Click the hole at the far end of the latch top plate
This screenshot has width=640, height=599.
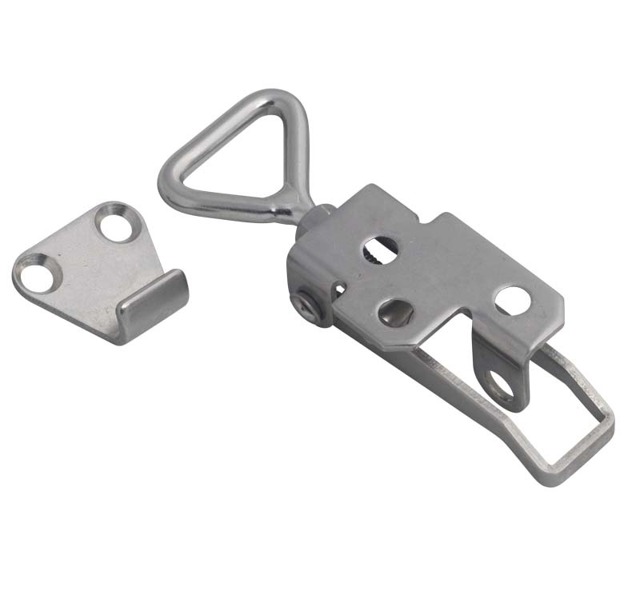[510, 301]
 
